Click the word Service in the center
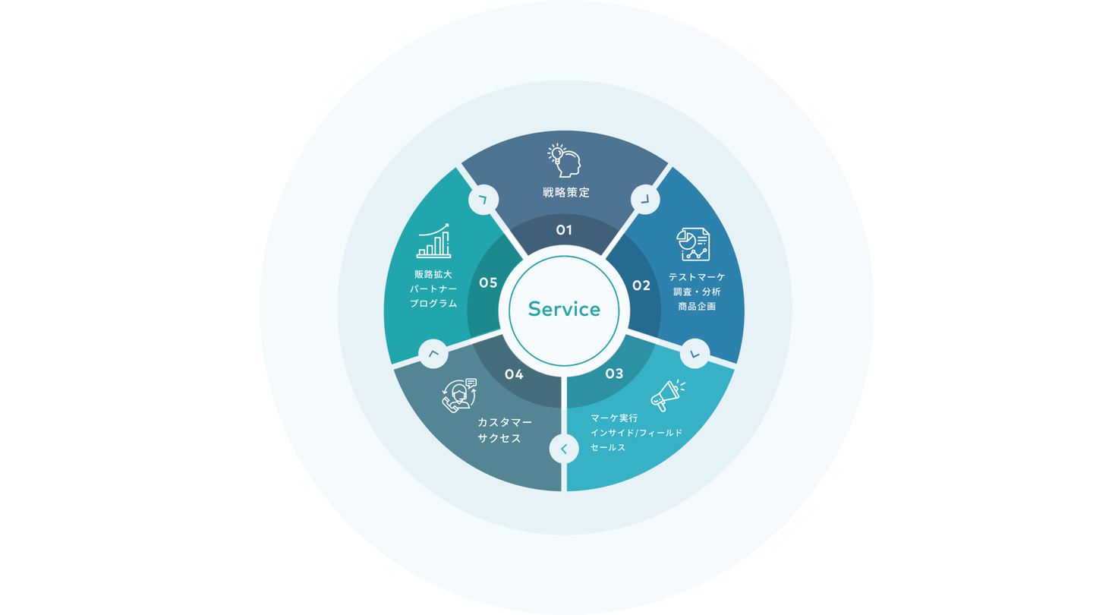pyautogui.click(x=564, y=310)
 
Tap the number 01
pyautogui.click(x=564, y=230)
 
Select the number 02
pyautogui.click(x=641, y=285)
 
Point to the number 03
pyautogui.click(x=614, y=374)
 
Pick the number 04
pyautogui.click(x=514, y=374)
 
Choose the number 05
pyautogui.click(x=488, y=283)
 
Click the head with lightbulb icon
pyautogui.click(x=564, y=160)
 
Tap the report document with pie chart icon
pyautogui.click(x=693, y=244)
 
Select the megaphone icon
pyautogui.click(x=667, y=396)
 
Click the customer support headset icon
pyautogui.click(x=459, y=396)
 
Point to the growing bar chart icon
pyautogui.click(x=433, y=241)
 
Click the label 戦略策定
pyautogui.click(x=566, y=193)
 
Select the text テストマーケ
pyautogui.click(x=697, y=277)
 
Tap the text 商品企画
pyautogui.click(x=697, y=306)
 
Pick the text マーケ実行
pyautogui.click(x=614, y=418)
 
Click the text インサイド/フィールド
pyautogui.click(x=636, y=433)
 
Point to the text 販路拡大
pyautogui.click(x=433, y=274)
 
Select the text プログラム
pyautogui.click(x=433, y=304)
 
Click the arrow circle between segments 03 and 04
pyautogui.click(x=564, y=449)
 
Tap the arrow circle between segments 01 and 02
pyautogui.click(x=645, y=200)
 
